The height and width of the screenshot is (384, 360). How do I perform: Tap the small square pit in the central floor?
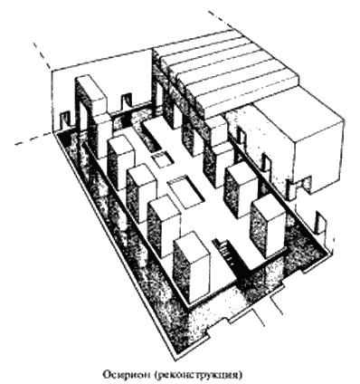[162, 160]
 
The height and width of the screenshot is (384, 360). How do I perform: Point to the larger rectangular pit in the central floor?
[186, 192]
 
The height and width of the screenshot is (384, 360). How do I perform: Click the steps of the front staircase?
[225, 251]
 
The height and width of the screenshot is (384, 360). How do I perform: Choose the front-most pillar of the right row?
[268, 228]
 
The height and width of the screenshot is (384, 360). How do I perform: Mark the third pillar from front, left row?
[142, 193]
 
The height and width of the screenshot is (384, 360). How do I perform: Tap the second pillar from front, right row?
[241, 191]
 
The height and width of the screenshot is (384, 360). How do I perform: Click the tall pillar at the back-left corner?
[90, 116]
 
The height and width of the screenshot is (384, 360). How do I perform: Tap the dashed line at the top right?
[223, 20]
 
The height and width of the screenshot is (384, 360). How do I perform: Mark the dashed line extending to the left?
[34, 139]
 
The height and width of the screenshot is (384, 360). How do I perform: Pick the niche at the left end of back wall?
[66, 120]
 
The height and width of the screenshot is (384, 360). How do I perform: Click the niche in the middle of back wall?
[126, 101]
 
